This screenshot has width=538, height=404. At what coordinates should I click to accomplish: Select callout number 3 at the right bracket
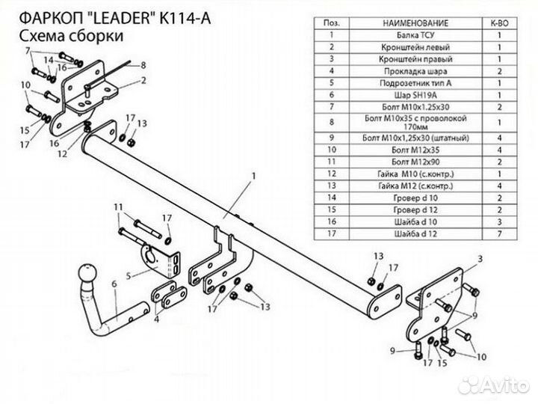pyautogui.click(x=480, y=259)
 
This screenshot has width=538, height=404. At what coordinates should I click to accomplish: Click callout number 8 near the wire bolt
pyautogui.click(x=143, y=66)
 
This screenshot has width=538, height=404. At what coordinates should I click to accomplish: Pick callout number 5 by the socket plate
pyautogui.click(x=129, y=275)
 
